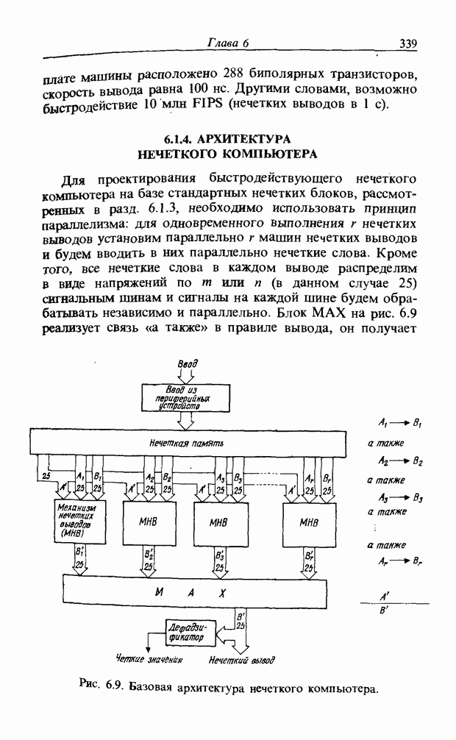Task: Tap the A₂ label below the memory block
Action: pos(151,476)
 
